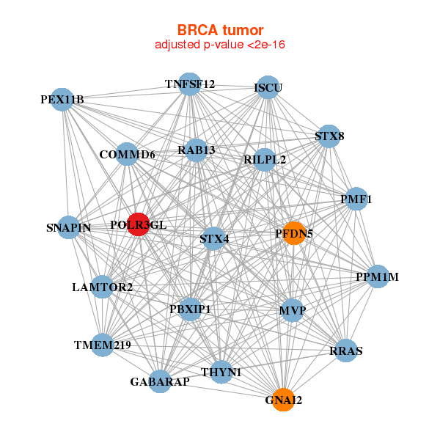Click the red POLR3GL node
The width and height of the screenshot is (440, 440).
coord(138,224)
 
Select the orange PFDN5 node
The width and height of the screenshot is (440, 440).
coord(293,233)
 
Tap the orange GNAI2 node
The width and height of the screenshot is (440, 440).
coord(283,400)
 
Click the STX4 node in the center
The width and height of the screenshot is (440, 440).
coord(213,238)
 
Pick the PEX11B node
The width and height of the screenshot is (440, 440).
coord(63,99)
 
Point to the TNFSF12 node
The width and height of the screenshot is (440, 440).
coord(190,84)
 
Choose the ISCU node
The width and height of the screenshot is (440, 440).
coord(268,88)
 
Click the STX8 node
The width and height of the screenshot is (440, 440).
coord(329,136)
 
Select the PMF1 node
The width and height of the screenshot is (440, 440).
coord(356,199)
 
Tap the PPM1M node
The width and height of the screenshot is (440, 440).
coord(377,276)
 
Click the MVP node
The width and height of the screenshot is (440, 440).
coord(292,310)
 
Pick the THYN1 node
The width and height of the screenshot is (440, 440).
coord(225,372)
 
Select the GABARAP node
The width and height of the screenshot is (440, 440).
coord(160,381)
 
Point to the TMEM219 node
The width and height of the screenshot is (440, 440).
coord(102,345)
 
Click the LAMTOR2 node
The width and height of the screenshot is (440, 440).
coord(103,287)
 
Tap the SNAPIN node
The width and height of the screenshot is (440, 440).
coord(69,227)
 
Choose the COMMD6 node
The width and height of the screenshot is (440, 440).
coord(127,155)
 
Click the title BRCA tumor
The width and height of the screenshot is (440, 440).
coord(220,30)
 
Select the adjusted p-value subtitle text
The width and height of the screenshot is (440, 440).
coord(220,45)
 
